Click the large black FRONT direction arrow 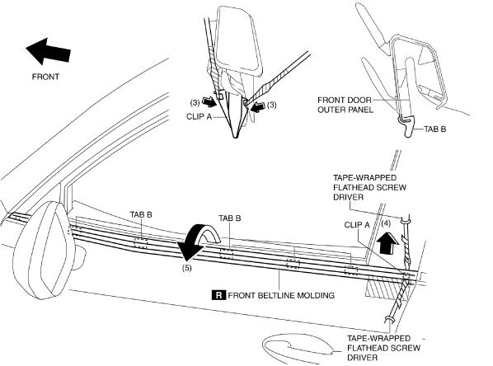pyautogui.click(x=48, y=52)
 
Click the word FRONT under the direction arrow pyautogui.click(x=45, y=77)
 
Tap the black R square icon pyautogui.click(x=218, y=295)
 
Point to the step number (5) pyautogui.click(x=187, y=268)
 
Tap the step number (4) pyautogui.click(x=386, y=223)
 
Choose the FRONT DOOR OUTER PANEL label pyautogui.click(x=345, y=105)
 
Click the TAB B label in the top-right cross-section pyautogui.click(x=434, y=129)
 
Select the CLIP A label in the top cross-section pyautogui.click(x=199, y=117)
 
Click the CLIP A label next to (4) pyautogui.click(x=357, y=225)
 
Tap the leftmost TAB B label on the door pyautogui.click(x=141, y=214)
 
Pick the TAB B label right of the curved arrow pyautogui.click(x=230, y=218)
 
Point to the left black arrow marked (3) pyautogui.click(x=209, y=102)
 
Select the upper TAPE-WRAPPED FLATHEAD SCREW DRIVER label pyautogui.click(x=369, y=187)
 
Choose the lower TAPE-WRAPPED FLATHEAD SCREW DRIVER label pyautogui.click(x=383, y=348)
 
